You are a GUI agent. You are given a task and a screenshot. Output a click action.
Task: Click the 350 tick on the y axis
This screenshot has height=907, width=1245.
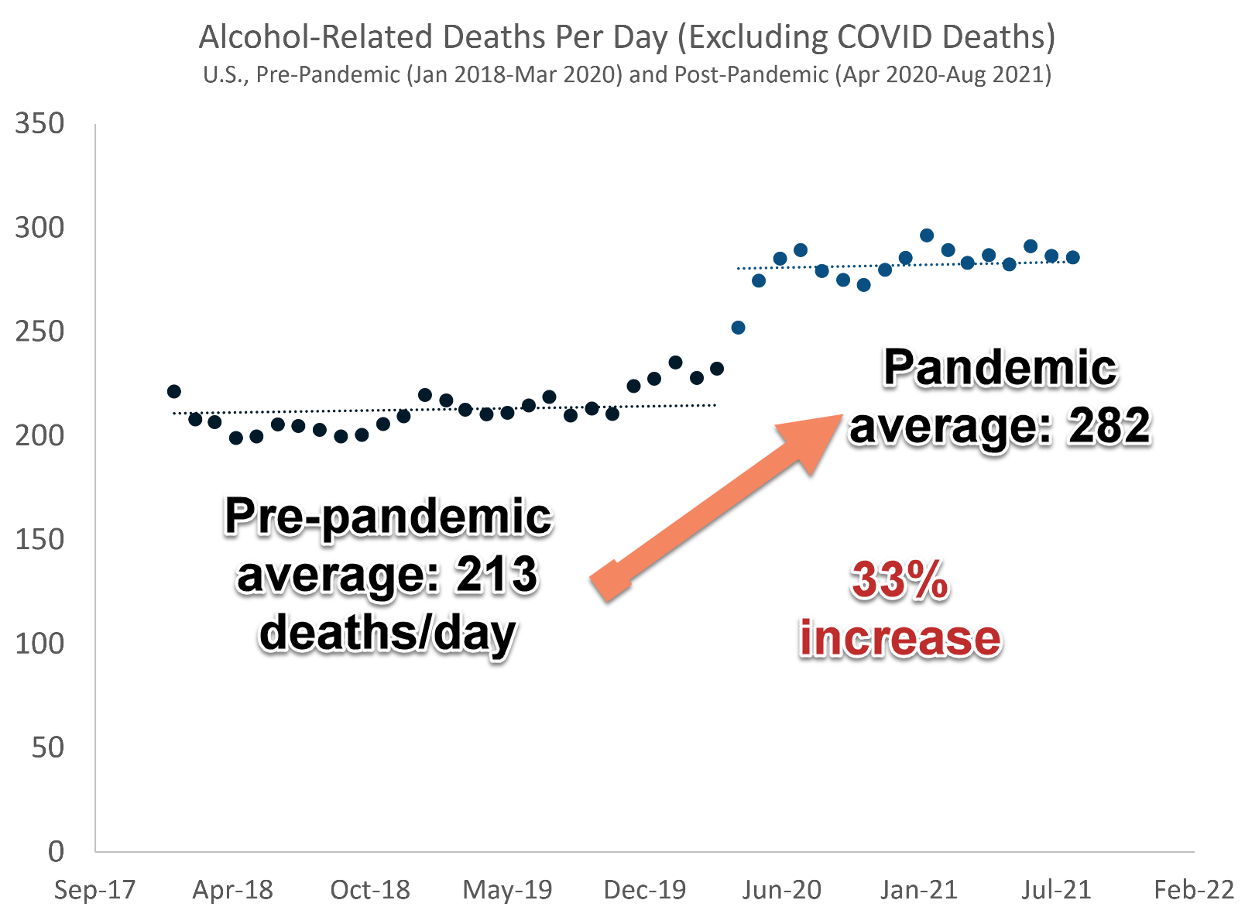coord(39,124)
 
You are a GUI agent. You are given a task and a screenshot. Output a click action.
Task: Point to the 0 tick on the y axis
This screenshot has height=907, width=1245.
coord(56,851)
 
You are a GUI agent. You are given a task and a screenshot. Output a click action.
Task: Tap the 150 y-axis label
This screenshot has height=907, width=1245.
coord(39,540)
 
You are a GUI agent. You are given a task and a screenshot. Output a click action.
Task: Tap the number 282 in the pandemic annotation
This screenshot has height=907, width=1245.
coord(1110,426)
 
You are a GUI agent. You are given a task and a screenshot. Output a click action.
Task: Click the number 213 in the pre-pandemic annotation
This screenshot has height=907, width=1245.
coord(496,575)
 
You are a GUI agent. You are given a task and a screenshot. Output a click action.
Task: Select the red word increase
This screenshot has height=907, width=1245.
coord(900,638)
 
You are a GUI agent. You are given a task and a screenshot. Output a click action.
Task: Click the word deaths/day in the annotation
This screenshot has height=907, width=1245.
coord(387,634)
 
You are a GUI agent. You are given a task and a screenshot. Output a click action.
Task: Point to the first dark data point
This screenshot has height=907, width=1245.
coord(174,392)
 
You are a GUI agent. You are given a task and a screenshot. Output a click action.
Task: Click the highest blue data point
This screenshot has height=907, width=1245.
coord(927,235)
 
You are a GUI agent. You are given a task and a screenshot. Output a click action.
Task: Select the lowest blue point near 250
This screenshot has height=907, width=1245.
coord(738,328)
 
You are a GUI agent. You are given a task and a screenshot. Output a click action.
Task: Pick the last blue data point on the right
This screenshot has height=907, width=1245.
coord(1072,257)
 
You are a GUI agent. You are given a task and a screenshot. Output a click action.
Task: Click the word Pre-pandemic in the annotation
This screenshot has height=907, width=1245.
coord(388,517)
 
